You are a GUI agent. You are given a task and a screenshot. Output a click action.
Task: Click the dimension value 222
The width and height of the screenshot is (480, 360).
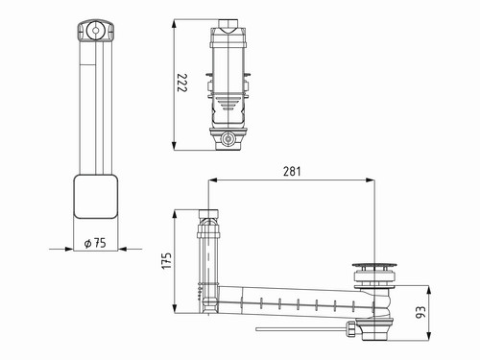(182, 83)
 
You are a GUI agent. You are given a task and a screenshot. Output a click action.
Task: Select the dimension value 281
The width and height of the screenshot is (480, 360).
(292, 172)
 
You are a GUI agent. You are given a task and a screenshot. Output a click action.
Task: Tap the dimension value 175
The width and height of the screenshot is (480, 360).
(167, 261)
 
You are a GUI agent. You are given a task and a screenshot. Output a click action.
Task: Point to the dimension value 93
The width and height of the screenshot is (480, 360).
(420, 312)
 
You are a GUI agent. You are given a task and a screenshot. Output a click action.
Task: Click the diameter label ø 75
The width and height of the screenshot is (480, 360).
(95, 243)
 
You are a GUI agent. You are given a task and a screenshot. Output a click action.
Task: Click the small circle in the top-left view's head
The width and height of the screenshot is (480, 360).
(95, 31)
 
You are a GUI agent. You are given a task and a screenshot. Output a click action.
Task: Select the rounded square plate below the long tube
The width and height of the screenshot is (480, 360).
(96, 197)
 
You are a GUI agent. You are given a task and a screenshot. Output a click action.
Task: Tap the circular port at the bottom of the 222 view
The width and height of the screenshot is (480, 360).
(228, 139)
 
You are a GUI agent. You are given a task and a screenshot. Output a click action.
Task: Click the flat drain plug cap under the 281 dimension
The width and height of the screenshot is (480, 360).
(374, 265)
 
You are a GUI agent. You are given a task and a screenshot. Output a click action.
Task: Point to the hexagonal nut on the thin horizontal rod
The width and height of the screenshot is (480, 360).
(350, 329)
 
